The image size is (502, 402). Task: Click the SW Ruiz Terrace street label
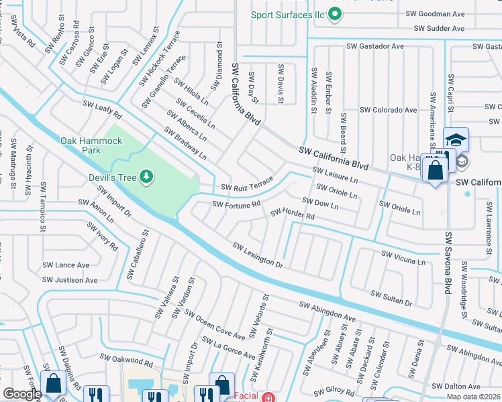click(247, 184)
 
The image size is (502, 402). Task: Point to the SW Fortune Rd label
click(236, 204)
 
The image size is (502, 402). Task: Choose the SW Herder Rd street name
click(292, 214)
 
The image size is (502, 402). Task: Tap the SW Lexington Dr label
click(258, 255)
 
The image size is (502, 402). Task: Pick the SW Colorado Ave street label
click(388, 110)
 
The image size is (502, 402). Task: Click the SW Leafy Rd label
click(102, 110)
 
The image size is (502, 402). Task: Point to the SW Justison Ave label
click(70, 280)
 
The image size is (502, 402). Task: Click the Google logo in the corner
click(22, 393)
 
